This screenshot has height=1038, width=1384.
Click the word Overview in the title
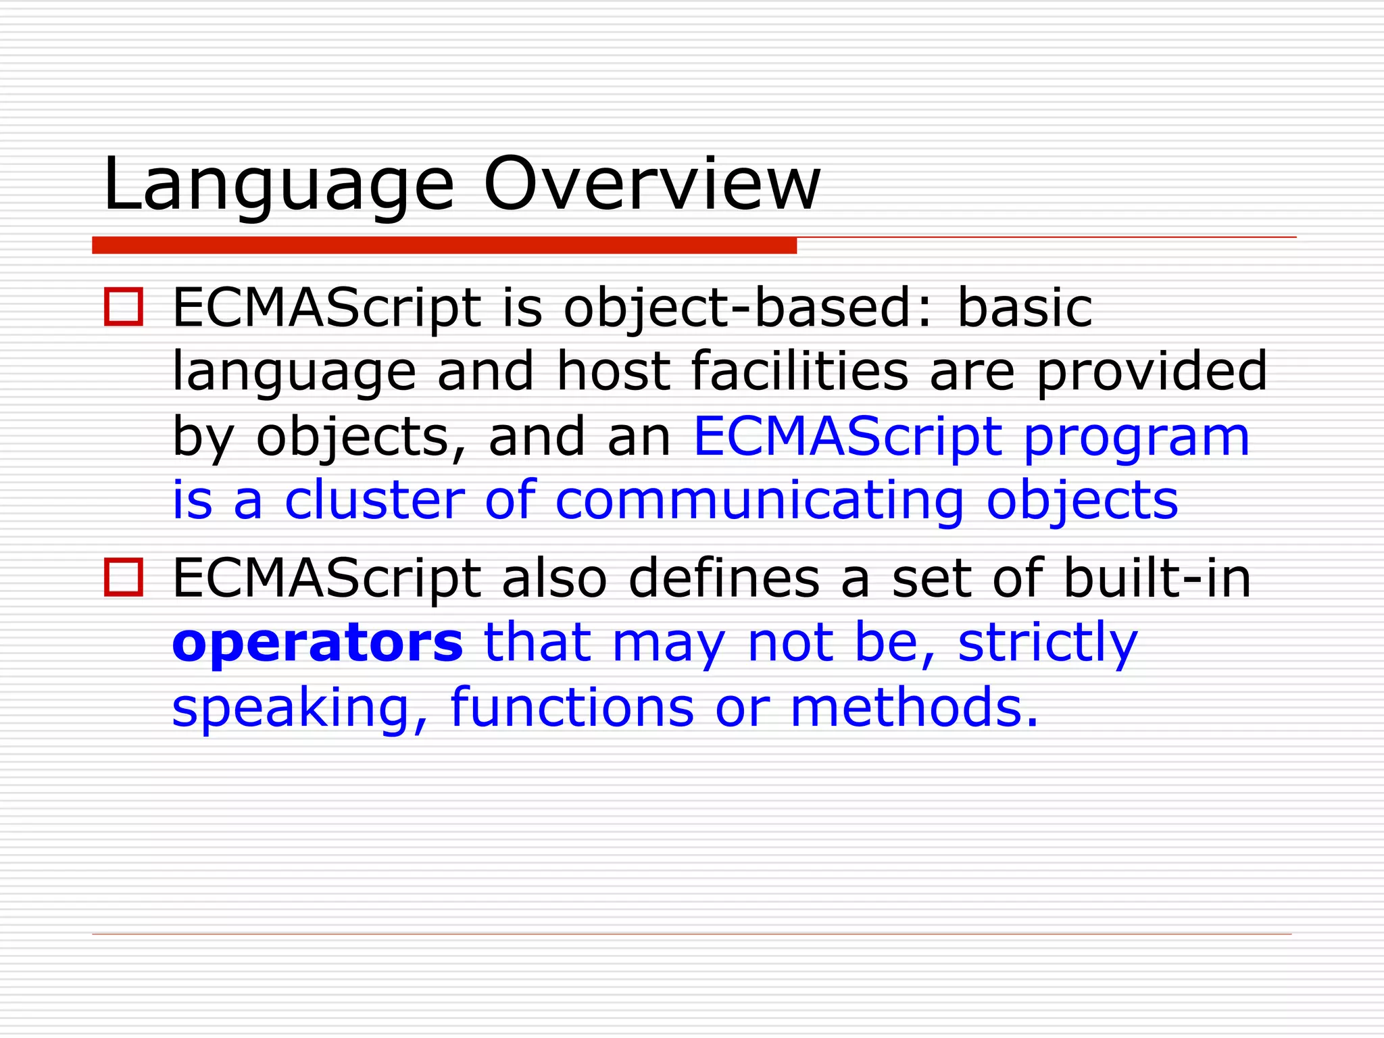[x=651, y=184]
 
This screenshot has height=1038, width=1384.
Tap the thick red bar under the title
[x=444, y=245]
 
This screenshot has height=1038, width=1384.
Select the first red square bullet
[x=124, y=307]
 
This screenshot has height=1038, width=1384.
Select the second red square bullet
[x=124, y=578]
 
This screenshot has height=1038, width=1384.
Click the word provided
[x=1152, y=371]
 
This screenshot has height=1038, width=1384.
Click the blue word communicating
[x=760, y=501]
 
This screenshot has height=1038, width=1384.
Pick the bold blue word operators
[x=318, y=643]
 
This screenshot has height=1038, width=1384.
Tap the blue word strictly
[x=1048, y=643]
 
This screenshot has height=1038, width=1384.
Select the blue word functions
[x=572, y=708]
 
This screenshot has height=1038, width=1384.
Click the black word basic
[x=1024, y=308]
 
